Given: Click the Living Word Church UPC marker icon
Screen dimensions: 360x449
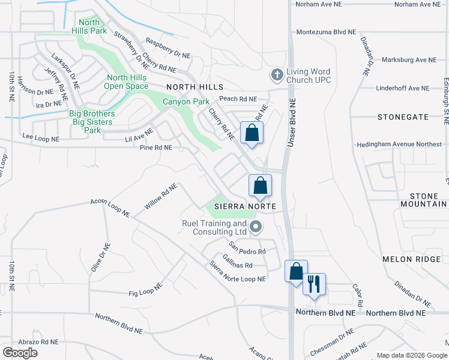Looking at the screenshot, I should click(277, 76).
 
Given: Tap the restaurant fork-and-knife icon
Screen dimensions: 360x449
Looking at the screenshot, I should click(313, 283).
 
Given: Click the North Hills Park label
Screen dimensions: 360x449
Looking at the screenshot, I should click(88, 26).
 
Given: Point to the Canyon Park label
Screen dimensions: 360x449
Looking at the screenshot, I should click(186, 101).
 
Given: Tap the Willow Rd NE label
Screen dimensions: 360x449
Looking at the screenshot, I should click(161, 196).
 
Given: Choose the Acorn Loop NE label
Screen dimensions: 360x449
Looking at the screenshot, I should click(110, 208).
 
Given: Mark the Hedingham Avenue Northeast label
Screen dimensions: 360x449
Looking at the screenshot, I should click(398, 145).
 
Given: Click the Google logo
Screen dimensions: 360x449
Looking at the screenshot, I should click(20, 352).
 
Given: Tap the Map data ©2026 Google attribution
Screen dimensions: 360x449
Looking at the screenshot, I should click(411, 355).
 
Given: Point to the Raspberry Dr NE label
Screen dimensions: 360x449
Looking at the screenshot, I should click(167, 49).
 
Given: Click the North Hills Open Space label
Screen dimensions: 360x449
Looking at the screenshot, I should click(127, 82).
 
